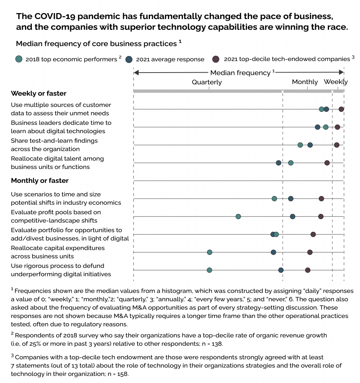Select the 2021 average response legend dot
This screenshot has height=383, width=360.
pyautogui.click(x=130, y=59)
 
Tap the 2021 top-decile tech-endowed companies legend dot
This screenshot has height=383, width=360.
pyautogui.click(x=216, y=59)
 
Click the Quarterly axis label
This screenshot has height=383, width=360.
pyautogui.click(x=207, y=82)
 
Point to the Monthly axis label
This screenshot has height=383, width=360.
pyautogui.click(x=305, y=82)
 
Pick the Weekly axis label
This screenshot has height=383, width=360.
pyautogui.click(x=335, y=82)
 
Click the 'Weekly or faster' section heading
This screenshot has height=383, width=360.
pyautogui.click(x=39, y=94)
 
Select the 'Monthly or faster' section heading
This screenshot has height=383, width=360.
pyautogui.click(x=40, y=181)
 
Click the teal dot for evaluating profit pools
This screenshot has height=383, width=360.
pyautogui.click(x=238, y=217)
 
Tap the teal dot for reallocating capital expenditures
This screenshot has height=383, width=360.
pyautogui.click(x=209, y=252)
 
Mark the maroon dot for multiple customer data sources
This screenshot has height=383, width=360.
pyautogui.click(x=341, y=109)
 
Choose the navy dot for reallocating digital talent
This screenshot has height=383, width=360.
pyautogui.click(x=279, y=163)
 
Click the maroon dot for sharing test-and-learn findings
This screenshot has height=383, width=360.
pyautogui.click(x=336, y=145)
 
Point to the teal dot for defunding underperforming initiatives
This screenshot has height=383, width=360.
pyautogui.click(x=209, y=270)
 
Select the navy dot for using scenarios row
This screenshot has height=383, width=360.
pyautogui.click(x=291, y=199)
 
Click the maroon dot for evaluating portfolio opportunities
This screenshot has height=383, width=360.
pyautogui.click(x=313, y=235)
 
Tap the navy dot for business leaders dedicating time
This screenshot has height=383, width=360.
pyautogui.click(x=317, y=127)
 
